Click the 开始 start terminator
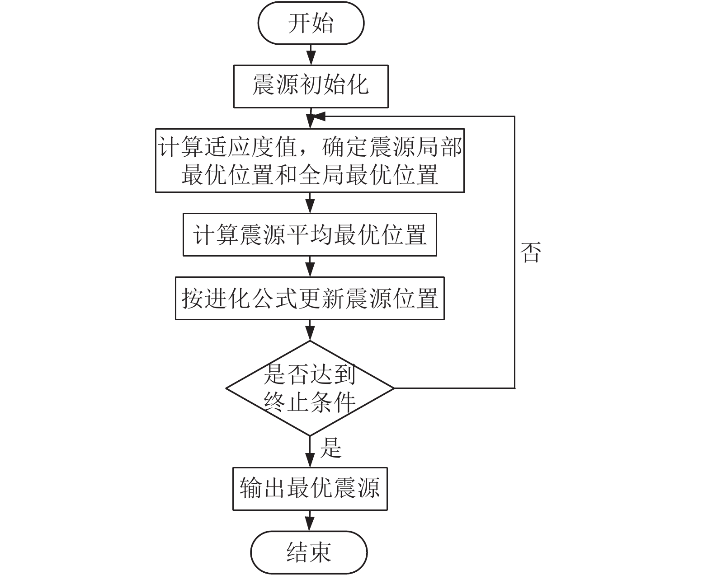311,23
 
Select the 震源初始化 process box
311,86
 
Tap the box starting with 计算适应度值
310,161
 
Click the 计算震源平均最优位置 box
310,234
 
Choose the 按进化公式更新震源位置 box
310,298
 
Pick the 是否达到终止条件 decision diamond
310,388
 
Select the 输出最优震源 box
310,489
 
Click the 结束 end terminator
309,552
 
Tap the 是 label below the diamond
330,448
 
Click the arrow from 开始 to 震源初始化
311,55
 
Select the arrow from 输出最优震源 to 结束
310,521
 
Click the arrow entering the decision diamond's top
310,330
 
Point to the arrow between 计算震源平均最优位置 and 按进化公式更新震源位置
310,266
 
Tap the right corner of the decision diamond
394,388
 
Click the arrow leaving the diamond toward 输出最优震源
310,452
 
